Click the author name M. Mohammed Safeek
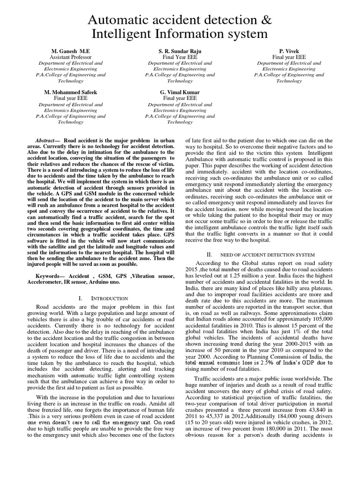click(x=70, y=92)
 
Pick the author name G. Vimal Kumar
click(x=180, y=92)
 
